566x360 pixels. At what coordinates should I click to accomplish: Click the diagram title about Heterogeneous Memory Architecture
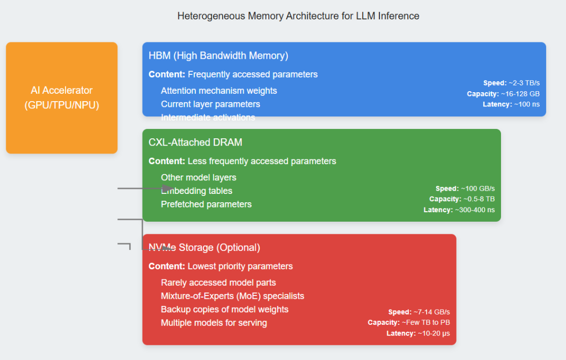(298, 16)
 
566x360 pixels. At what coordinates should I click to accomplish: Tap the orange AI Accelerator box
(62, 98)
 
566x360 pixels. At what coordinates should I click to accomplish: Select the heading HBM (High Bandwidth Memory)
(219, 56)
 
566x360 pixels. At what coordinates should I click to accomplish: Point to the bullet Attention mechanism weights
(219, 91)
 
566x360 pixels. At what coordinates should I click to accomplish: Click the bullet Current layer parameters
(211, 104)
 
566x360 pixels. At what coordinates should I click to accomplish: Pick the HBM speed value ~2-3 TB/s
(524, 83)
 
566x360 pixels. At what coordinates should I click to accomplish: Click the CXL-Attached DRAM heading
(195, 142)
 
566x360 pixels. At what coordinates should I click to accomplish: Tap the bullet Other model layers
(199, 177)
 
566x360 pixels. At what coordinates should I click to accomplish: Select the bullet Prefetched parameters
(206, 204)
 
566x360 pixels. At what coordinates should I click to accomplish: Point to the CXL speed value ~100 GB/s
(477, 189)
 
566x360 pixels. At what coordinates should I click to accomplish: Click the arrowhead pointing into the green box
(168, 188)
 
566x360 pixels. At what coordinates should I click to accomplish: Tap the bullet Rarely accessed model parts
(219, 282)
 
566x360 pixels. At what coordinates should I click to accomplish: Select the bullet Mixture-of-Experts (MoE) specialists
(233, 296)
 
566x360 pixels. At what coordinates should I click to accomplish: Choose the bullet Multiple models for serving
(214, 323)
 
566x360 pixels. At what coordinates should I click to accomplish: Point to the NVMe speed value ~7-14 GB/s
(432, 312)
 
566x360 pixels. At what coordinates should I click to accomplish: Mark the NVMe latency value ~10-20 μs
(432, 333)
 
